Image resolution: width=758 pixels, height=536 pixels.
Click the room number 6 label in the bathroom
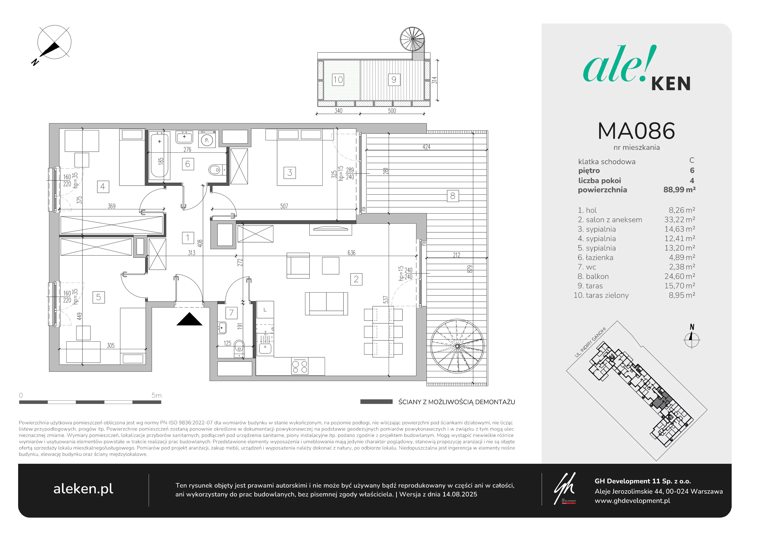[x=188, y=164]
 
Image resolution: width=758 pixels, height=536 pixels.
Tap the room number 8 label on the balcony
[x=453, y=196]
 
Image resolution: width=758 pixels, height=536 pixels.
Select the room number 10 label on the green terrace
[x=338, y=80]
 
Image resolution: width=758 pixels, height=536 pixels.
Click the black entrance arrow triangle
[x=189, y=319]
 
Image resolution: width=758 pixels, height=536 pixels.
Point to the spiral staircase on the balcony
[x=457, y=346]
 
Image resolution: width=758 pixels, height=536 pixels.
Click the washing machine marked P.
[x=207, y=140]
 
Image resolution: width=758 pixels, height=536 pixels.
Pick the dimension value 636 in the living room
[x=351, y=253]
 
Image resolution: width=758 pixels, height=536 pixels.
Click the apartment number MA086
[x=636, y=131]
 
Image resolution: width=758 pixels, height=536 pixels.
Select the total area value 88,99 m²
[x=679, y=190]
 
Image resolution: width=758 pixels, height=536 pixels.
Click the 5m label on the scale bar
[x=157, y=395]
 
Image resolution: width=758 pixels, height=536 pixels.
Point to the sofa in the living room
[x=326, y=304]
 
